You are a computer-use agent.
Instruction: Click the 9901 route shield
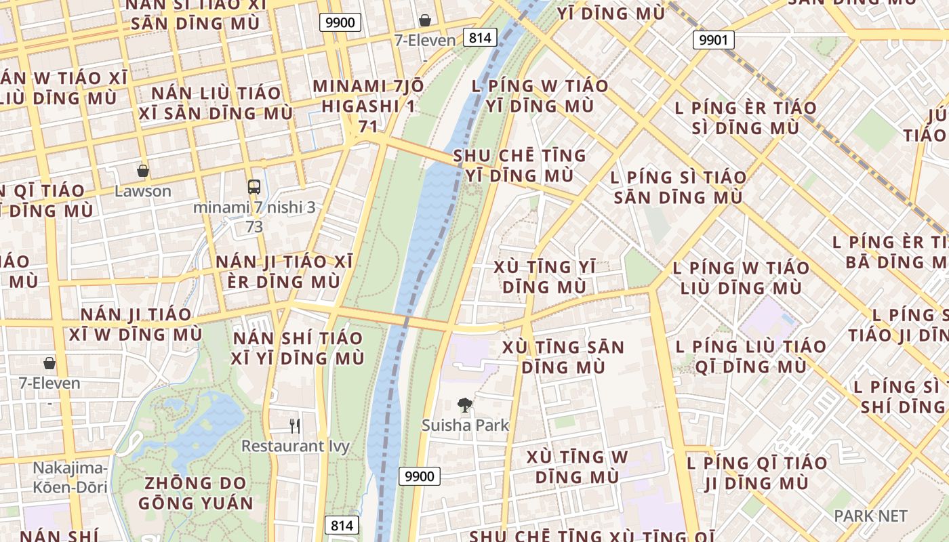713,40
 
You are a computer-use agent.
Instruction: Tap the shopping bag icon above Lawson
142,171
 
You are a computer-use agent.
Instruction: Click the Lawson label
142,191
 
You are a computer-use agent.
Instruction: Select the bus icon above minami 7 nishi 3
254,187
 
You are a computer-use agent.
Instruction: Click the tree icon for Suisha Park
464,406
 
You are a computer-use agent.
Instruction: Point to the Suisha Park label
465,425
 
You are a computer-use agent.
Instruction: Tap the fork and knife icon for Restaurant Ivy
295,425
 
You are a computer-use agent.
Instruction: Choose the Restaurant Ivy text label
296,446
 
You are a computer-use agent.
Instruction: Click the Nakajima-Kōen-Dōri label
70,477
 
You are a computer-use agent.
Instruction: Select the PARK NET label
870,516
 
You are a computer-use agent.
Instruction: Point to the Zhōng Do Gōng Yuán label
196,493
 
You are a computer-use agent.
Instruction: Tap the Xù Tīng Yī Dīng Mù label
545,276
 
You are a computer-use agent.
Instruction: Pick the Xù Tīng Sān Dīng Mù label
563,357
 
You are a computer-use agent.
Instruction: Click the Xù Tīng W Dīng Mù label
577,466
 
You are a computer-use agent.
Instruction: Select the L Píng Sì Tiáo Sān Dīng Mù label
678,188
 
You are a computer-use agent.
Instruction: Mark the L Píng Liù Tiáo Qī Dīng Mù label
741,356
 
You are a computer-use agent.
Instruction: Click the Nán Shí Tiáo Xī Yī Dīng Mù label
298,348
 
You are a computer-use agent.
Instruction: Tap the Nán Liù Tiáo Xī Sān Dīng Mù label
216,102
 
